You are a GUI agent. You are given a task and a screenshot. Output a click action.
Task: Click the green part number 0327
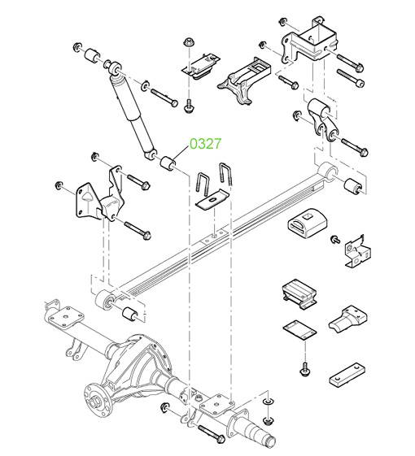[205, 144]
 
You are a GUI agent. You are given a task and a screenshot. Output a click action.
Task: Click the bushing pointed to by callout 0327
[168, 163]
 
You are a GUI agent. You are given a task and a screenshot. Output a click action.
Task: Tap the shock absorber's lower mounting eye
[151, 154]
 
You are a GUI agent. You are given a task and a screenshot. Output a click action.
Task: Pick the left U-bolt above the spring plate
[203, 185]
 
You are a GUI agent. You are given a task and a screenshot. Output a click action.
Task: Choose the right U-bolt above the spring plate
[225, 175]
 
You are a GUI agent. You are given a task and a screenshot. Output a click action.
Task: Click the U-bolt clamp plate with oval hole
[212, 200]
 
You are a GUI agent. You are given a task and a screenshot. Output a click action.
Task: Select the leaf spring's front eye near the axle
[105, 300]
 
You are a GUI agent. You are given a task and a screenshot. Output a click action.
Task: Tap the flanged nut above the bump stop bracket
[188, 42]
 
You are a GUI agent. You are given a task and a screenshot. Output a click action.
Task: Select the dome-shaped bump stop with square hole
[308, 223]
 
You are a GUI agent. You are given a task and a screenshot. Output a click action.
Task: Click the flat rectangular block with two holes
[347, 375]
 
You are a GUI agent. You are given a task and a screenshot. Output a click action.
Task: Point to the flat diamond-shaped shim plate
[299, 330]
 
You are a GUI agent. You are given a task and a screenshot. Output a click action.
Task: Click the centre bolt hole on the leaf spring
[215, 237]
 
